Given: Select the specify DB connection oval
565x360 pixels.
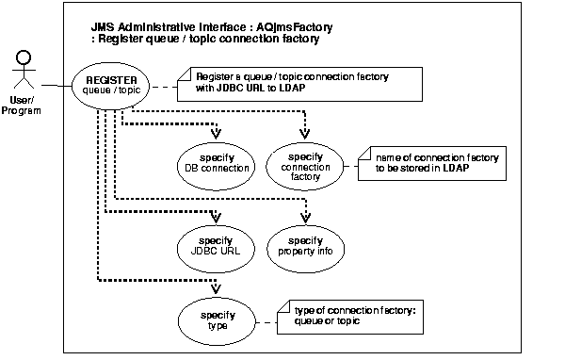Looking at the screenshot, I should point(217,162).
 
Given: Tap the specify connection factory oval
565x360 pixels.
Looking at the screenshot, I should point(303,163).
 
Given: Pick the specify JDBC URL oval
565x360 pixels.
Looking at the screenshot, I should point(217,248).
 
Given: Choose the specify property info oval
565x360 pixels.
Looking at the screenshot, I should point(303,248).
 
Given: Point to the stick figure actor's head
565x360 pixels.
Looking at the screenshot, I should point(21,59).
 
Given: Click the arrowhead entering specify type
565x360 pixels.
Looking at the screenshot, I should point(218,291).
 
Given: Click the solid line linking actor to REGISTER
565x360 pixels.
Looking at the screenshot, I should point(55,86).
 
